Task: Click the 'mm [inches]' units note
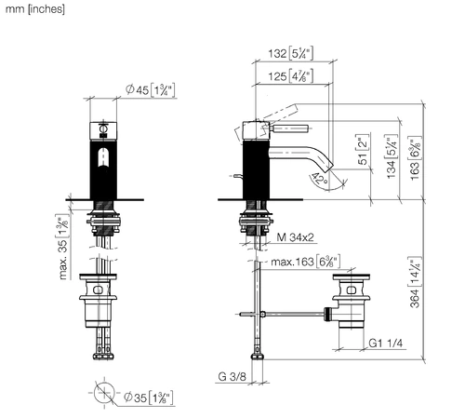click(x=35, y=9)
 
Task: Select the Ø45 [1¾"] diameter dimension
click(x=151, y=90)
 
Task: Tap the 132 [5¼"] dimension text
click(x=290, y=53)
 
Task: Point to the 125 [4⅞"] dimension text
click(x=290, y=76)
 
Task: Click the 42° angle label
click(x=320, y=178)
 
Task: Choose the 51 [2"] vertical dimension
click(x=363, y=150)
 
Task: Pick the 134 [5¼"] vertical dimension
click(x=392, y=156)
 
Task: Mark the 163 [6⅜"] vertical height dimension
click(x=415, y=158)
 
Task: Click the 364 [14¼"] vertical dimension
click(x=415, y=282)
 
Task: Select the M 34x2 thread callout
click(x=295, y=237)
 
